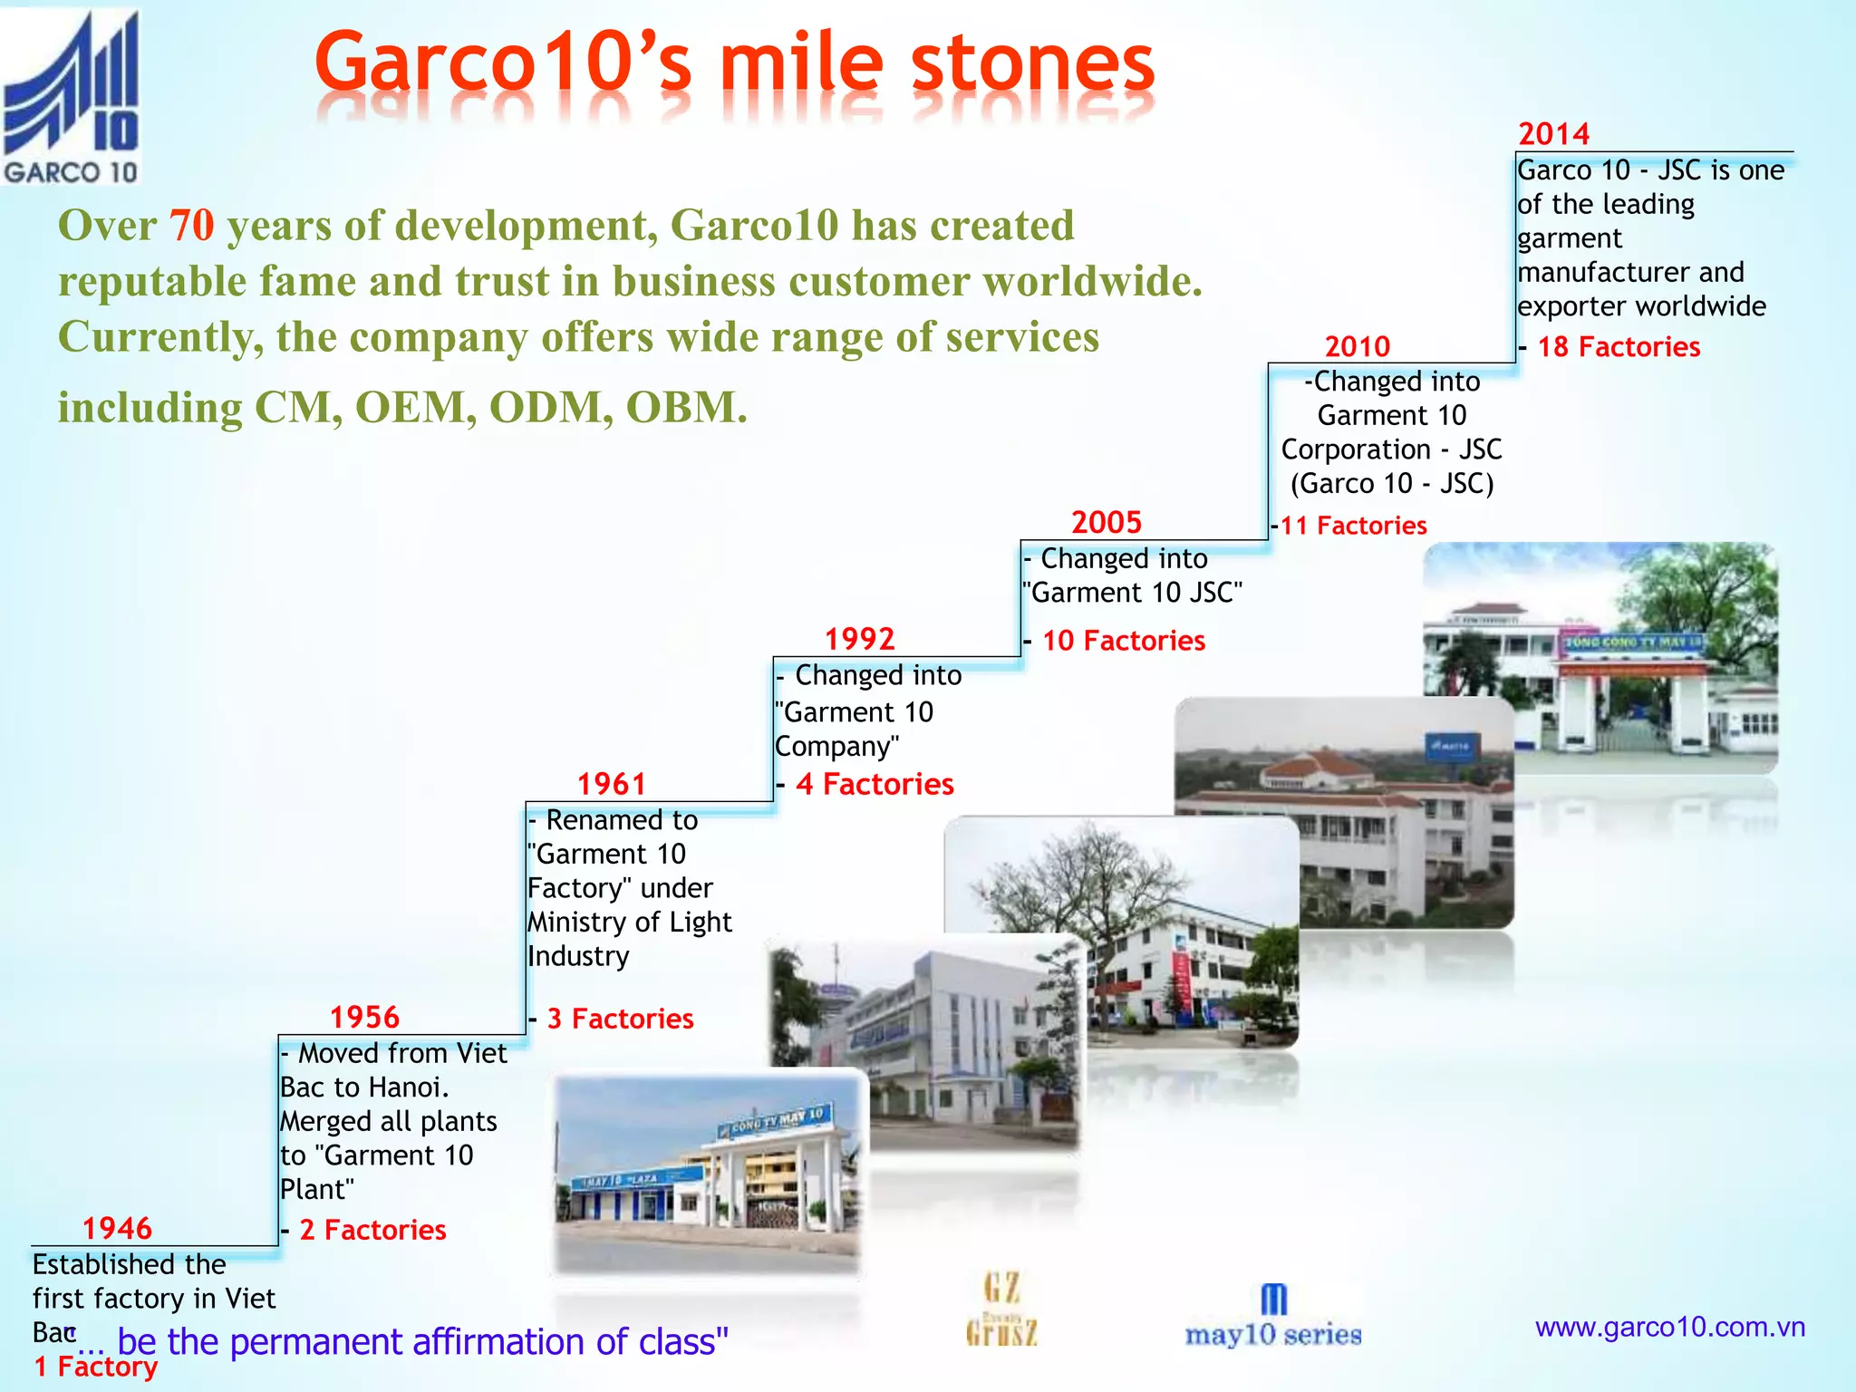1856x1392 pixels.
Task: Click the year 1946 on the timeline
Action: [x=117, y=1228]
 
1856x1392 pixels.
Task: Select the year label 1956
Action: [x=364, y=1017]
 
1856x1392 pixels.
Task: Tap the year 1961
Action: [x=612, y=784]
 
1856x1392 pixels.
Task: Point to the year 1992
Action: [x=859, y=639]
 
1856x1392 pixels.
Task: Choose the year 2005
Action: [x=1107, y=522]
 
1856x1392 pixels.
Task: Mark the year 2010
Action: [x=1357, y=346]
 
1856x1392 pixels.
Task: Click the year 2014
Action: [x=1553, y=134]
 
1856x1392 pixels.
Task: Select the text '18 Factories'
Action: [x=1619, y=346]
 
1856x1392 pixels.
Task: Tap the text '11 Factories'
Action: [x=1353, y=526]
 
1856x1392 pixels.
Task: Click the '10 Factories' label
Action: [x=1124, y=641]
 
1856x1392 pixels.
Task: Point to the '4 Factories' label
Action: [x=875, y=784]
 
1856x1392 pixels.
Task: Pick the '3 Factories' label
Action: [x=620, y=1019]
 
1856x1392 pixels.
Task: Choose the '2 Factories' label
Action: [x=372, y=1230]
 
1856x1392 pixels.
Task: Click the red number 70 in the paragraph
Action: [x=191, y=225]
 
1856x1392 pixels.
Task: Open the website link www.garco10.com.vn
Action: [x=1669, y=1328]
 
